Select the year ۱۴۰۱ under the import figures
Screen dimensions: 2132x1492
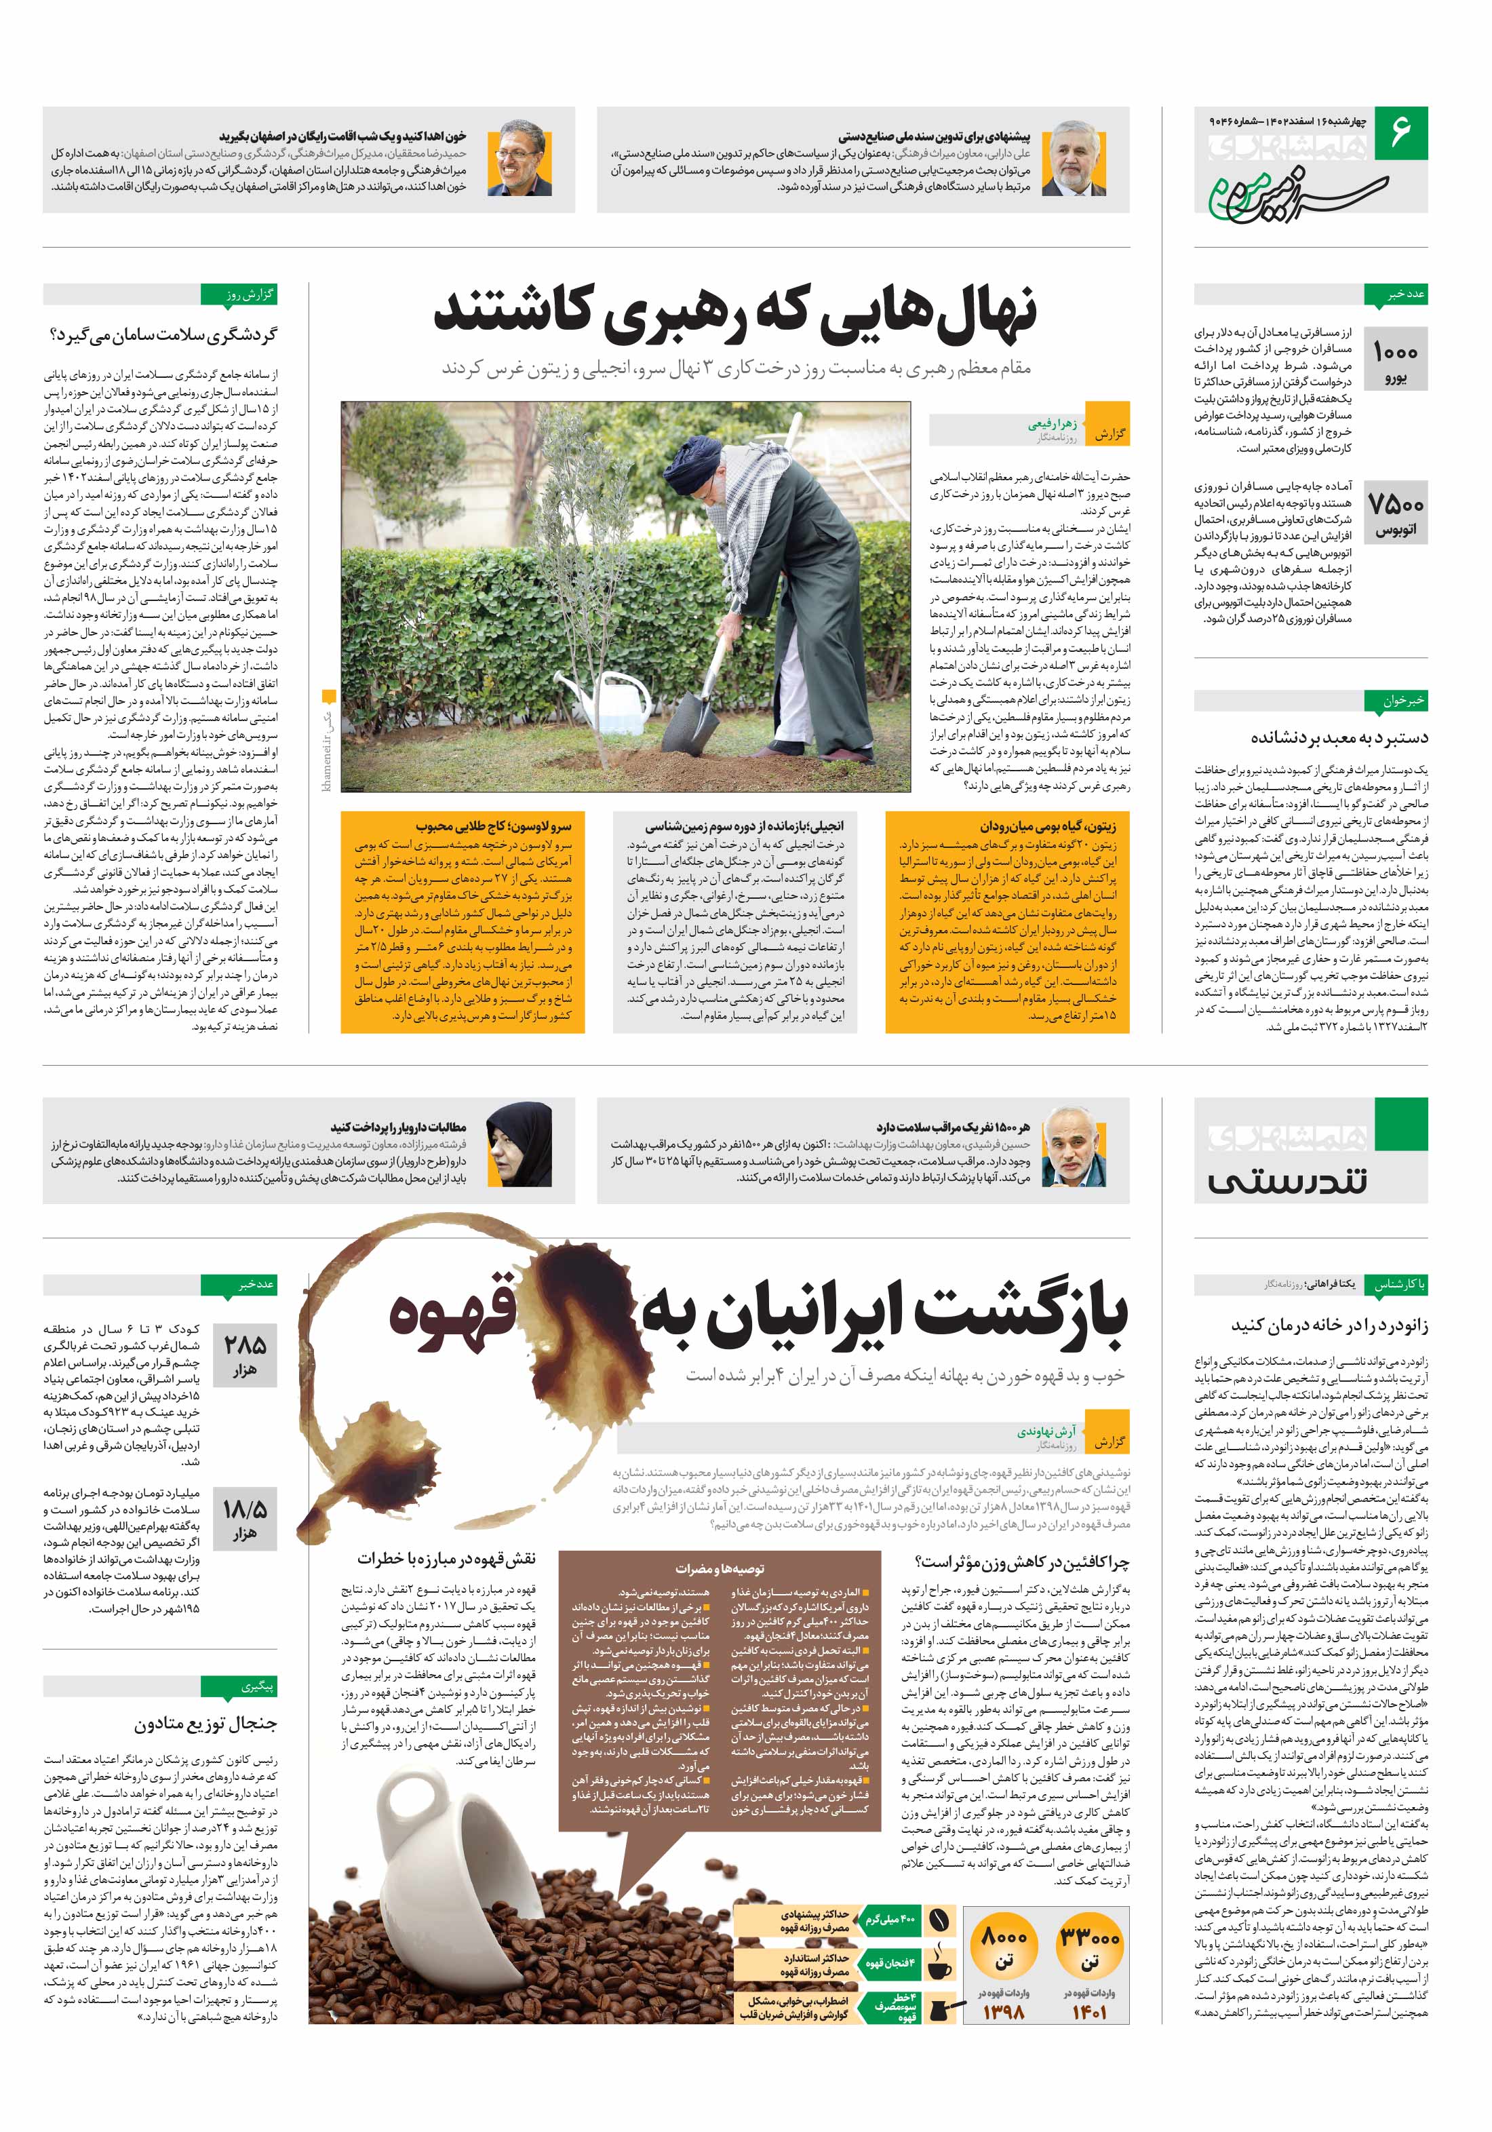tap(1088, 2011)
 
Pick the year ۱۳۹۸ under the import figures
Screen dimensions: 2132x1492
tap(1004, 2011)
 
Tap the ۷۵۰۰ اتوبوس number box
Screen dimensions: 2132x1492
tap(1394, 513)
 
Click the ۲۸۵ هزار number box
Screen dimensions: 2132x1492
tap(244, 1354)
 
